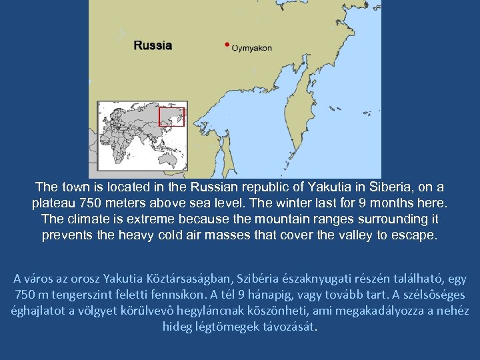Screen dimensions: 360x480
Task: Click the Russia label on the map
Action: [x=153, y=46]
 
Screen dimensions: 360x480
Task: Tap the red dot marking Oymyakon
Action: [x=227, y=45]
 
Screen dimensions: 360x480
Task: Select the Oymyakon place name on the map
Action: [x=251, y=48]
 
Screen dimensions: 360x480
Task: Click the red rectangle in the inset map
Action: [x=171, y=117]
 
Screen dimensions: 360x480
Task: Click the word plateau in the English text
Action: [x=53, y=203]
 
